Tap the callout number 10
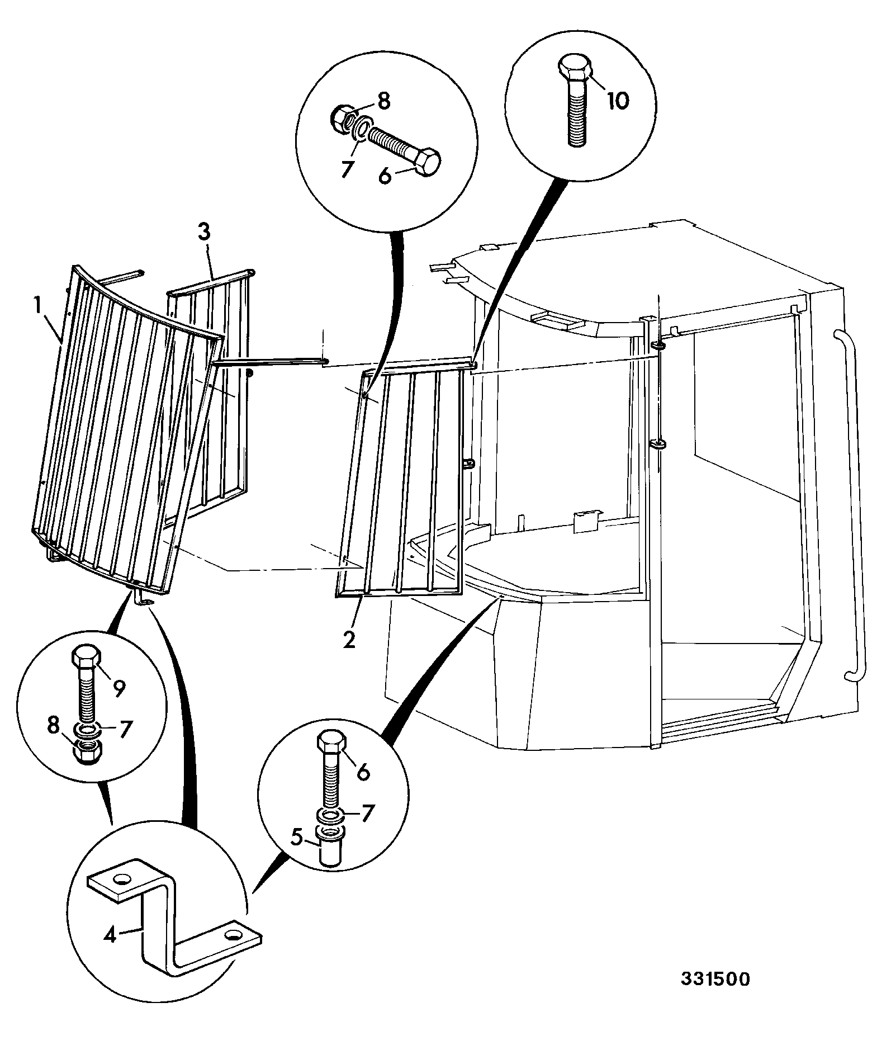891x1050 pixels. pos(618,101)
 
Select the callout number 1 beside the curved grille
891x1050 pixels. pos(38,306)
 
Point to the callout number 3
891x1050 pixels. pos(204,233)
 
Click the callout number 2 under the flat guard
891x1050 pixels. pos(349,640)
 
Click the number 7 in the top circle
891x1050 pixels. pos(346,169)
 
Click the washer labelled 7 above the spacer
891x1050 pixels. pos(330,815)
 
